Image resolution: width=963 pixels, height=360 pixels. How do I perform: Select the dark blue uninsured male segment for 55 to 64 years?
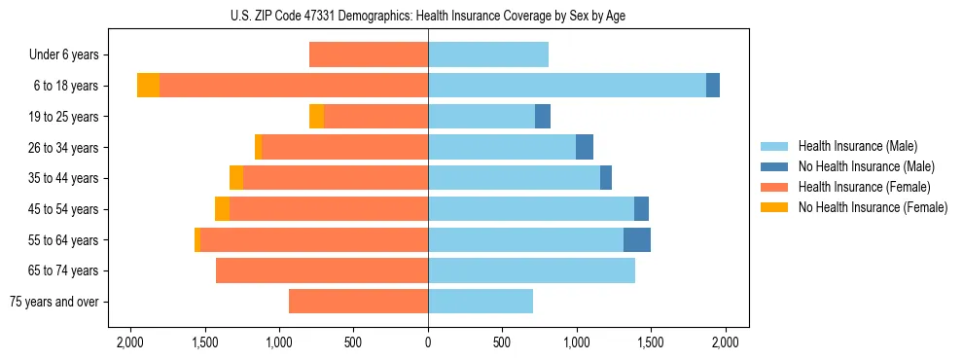click(x=637, y=239)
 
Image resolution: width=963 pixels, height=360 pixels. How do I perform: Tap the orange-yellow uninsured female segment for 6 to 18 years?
click(x=148, y=86)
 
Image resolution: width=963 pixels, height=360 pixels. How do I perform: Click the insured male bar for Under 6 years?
click(x=488, y=54)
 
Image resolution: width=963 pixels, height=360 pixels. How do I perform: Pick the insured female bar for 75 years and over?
click(x=358, y=302)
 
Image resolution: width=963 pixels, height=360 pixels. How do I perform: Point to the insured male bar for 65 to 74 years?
click(x=531, y=270)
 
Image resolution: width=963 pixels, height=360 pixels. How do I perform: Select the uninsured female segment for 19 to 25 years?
click(x=316, y=117)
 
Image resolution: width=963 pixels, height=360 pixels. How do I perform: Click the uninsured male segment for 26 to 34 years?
click(x=585, y=147)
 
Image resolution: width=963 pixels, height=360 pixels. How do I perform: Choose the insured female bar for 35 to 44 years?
click(x=336, y=178)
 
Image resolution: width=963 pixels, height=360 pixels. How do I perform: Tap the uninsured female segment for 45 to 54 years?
click(x=222, y=209)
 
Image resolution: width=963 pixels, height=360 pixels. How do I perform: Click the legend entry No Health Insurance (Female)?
click(x=873, y=207)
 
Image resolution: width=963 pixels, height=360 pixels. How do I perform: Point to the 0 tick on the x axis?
click(x=428, y=342)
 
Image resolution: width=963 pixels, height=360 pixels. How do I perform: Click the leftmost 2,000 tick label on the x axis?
click(x=130, y=342)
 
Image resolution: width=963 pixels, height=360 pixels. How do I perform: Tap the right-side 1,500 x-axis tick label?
click(x=651, y=342)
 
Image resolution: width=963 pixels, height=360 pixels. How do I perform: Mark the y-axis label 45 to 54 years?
click(x=66, y=209)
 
